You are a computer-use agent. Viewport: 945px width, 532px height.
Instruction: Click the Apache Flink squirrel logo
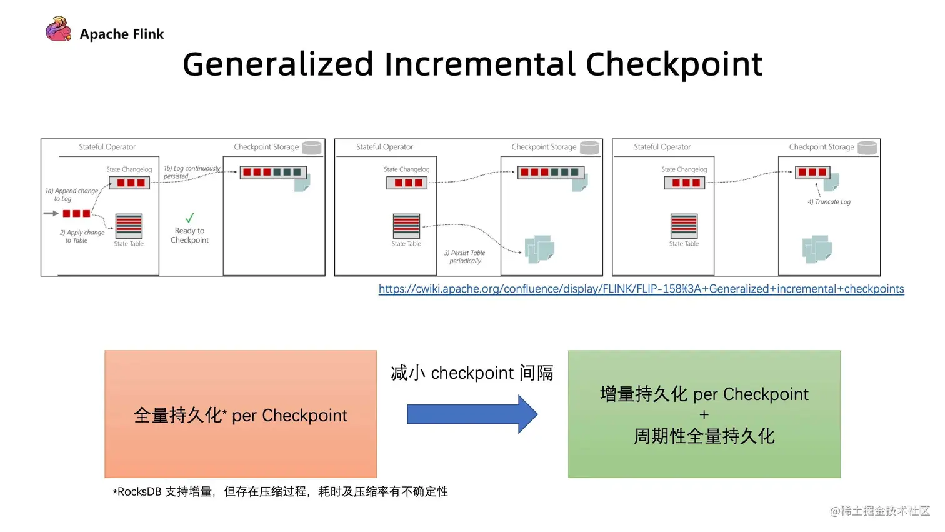click(x=58, y=29)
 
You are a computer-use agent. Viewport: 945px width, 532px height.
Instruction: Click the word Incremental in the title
click(x=479, y=64)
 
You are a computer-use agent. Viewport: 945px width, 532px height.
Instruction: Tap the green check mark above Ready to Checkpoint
click(x=190, y=218)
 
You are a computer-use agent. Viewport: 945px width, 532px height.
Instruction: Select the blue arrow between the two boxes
click(x=472, y=414)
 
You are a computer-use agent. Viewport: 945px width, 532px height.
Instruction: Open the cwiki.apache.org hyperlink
click(x=641, y=289)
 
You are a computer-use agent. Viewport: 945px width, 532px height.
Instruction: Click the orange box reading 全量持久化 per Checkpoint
click(x=241, y=414)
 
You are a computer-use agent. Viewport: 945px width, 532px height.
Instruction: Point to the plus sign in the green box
click(x=704, y=415)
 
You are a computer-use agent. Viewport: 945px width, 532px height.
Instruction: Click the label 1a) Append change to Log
click(x=71, y=194)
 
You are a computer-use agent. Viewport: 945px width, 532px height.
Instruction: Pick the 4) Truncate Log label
click(x=829, y=202)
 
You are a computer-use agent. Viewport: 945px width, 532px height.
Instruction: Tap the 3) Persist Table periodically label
click(x=464, y=257)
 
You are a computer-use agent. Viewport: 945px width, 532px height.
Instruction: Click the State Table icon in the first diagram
click(x=129, y=226)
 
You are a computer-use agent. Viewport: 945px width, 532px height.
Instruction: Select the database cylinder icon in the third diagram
click(x=867, y=148)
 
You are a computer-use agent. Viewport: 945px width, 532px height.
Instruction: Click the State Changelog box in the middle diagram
click(x=407, y=183)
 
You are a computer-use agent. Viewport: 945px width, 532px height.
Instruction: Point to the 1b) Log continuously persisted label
click(x=191, y=172)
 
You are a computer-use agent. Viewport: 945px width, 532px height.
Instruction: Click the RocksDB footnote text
click(x=280, y=492)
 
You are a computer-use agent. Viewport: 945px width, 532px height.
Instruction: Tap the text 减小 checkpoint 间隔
click(x=472, y=373)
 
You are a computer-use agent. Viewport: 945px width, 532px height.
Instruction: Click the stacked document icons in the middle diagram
click(x=539, y=249)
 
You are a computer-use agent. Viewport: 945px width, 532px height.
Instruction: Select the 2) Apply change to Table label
click(x=82, y=236)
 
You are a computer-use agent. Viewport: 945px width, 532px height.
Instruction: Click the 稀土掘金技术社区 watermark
click(x=880, y=511)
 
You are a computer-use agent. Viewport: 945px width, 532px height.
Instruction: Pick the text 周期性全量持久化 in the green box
click(x=704, y=436)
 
